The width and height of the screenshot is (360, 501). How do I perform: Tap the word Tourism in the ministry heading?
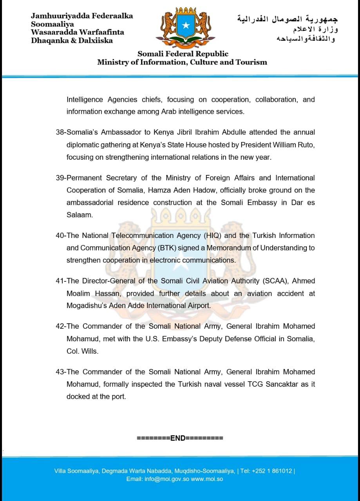click(x=250, y=62)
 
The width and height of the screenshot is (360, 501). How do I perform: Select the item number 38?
click(x=60, y=132)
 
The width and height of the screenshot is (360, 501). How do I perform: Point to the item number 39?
click(x=60, y=178)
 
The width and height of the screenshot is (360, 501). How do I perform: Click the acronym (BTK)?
click(x=165, y=248)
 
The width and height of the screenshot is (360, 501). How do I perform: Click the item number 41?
click(x=60, y=281)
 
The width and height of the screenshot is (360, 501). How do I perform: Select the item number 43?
click(x=60, y=372)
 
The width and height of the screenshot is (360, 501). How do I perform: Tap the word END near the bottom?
click(x=177, y=438)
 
